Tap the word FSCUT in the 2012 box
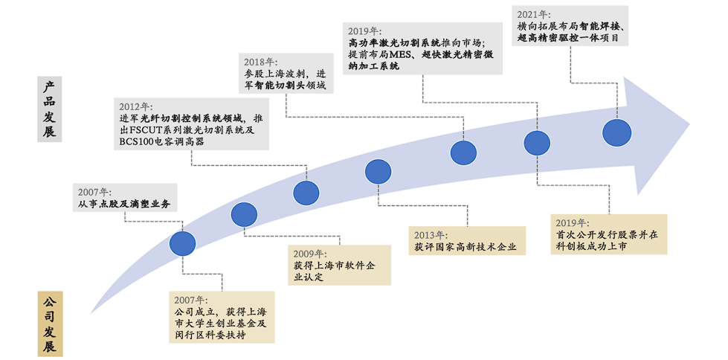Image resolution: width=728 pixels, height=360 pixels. pos(152,130)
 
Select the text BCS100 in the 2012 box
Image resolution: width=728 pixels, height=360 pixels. pos(138,142)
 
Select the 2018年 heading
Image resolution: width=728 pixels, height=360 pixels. pos(260,62)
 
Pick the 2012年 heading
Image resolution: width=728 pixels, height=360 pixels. pos(135,106)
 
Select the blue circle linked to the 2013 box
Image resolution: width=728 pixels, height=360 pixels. pos(379,173)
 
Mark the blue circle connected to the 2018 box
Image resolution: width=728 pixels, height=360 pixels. pos(463,152)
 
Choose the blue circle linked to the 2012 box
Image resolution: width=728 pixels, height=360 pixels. pos(306,193)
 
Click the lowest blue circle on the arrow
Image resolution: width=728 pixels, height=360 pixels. pos(182,243)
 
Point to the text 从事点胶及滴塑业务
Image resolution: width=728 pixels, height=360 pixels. pos(123,204)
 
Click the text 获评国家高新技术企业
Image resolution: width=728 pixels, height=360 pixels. pos(466,247)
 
